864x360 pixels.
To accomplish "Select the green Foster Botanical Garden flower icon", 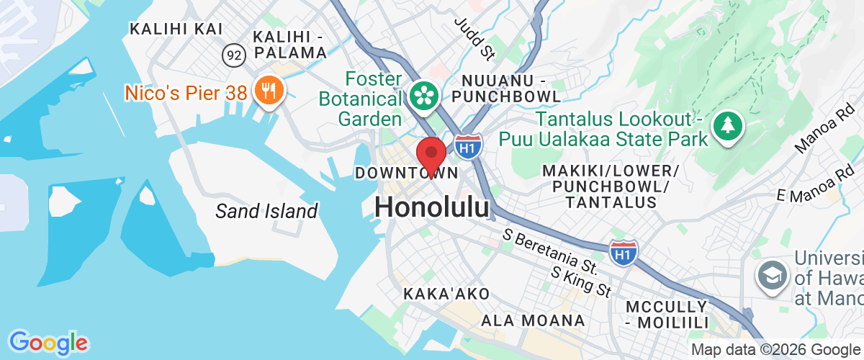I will coord(423,95).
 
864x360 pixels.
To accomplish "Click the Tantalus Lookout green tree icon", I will coord(728,127).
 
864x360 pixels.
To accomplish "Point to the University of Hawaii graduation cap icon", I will coord(770,273).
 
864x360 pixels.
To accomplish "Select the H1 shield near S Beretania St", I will coord(623,253).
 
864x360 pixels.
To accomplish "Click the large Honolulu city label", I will coord(431,207).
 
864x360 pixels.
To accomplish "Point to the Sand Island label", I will coord(266,211).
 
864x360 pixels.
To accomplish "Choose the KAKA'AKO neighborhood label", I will coord(446,294).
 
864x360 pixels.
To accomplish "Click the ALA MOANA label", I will coord(533,320).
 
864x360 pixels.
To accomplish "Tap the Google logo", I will coord(48,343).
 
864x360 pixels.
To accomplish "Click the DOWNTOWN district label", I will coord(407,173).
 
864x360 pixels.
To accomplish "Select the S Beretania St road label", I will coord(551,251).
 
